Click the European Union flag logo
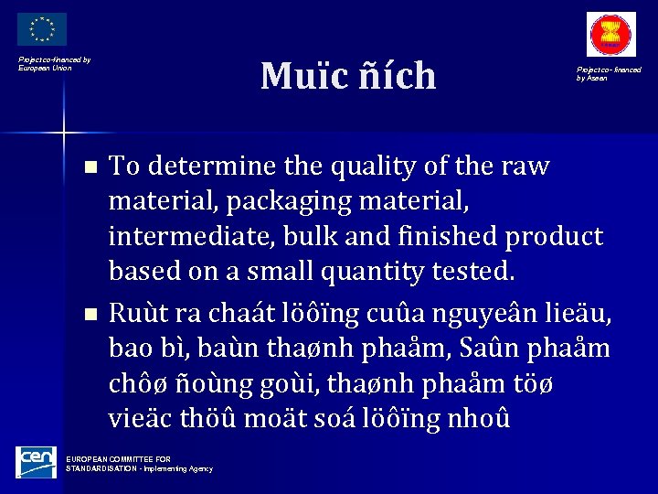pos(42,29)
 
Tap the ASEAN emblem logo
pos(611,36)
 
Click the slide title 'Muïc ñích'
pos(348,76)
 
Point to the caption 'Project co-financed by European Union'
pos(55,64)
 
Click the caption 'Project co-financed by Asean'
pos(608,73)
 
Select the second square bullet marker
pos(89,314)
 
